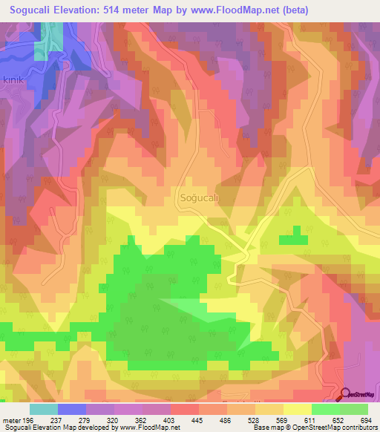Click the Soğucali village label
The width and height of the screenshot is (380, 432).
click(x=199, y=197)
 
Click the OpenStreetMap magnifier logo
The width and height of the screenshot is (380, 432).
click(x=346, y=395)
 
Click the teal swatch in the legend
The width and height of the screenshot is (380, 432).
click(x=44, y=409)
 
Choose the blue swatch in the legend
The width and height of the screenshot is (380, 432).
click(x=72, y=409)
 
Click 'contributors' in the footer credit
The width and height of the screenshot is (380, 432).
click(x=356, y=428)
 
